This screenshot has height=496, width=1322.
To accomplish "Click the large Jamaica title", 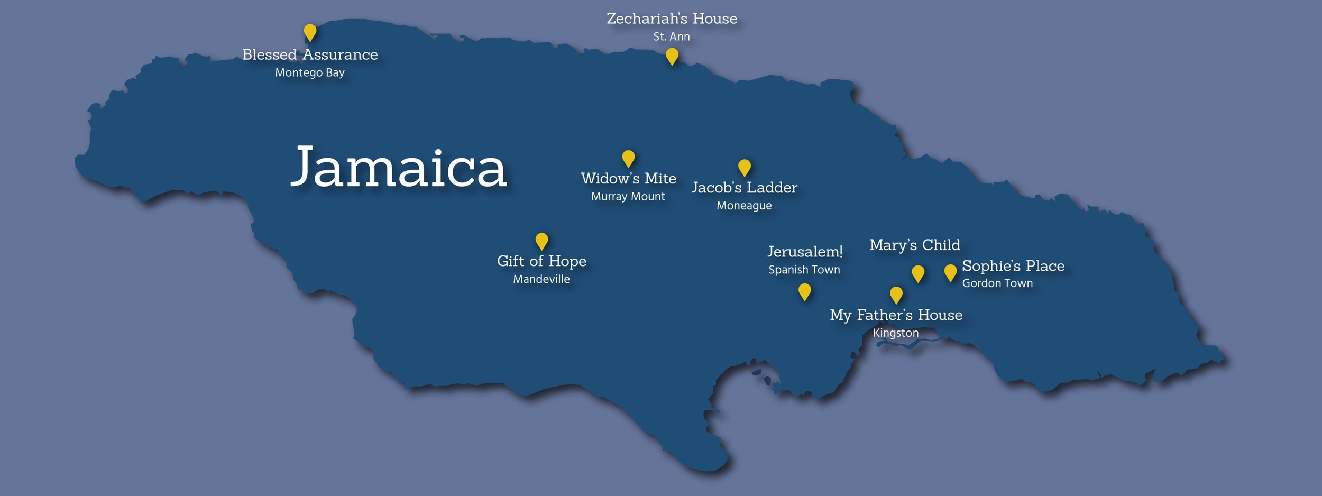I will click(x=399, y=168).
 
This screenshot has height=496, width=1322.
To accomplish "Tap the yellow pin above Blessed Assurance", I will click(x=310, y=32).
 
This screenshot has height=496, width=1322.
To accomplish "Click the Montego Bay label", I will click(x=309, y=72).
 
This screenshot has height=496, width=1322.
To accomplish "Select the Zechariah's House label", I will click(x=672, y=19).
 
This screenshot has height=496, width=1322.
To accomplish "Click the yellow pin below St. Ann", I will click(x=672, y=56).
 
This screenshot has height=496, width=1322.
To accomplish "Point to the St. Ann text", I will click(x=672, y=36).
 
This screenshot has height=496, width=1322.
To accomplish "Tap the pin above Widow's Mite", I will click(x=628, y=158).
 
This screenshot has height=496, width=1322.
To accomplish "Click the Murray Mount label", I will click(x=628, y=196).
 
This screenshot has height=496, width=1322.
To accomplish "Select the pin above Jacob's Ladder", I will click(x=744, y=167).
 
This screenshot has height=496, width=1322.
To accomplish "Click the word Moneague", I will click(x=744, y=205).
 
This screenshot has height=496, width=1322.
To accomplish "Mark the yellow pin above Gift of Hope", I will click(x=541, y=240).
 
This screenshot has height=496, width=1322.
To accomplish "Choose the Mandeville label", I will click(x=541, y=279).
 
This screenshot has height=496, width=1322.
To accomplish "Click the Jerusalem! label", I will click(x=805, y=251).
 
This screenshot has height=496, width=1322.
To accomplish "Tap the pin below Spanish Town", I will click(x=804, y=291).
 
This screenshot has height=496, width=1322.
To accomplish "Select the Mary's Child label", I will click(x=915, y=245).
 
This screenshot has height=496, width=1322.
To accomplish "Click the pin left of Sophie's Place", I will click(x=950, y=272).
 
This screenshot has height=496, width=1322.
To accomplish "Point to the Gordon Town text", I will click(x=997, y=283).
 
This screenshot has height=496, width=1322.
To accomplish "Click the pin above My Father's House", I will click(x=896, y=294).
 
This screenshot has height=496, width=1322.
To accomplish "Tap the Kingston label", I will click(x=896, y=333).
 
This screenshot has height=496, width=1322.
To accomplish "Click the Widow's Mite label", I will click(x=628, y=178).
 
